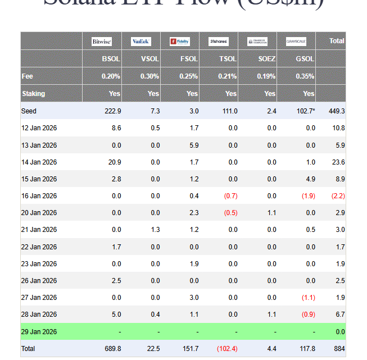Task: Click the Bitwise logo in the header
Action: pyautogui.click(x=102, y=42)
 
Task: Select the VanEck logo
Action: pyautogui.click(x=141, y=42)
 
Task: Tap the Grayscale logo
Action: pyautogui.click(x=296, y=42)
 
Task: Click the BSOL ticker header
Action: pyautogui.click(x=111, y=59)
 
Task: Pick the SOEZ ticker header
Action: pyautogui.click(x=268, y=59)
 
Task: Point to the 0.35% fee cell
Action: pyautogui.click(x=305, y=76)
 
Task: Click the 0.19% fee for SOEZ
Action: pyautogui.click(x=267, y=76)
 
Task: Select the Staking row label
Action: pyautogui.click(x=33, y=94)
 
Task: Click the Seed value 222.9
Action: pyautogui.click(x=113, y=111)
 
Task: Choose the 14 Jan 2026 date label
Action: pyautogui.click(x=39, y=162)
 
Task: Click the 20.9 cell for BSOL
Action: pyautogui.click(x=114, y=162)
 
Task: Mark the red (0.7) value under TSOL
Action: pyautogui.click(x=230, y=196)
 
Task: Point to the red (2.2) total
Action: pyautogui.click(x=338, y=196)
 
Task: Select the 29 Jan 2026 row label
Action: pyautogui.click(x=39, y=332)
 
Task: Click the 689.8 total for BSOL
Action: pyautogui.click(x=112, y=349)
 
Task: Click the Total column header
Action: pyautogui.click(x=337, y=41)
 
